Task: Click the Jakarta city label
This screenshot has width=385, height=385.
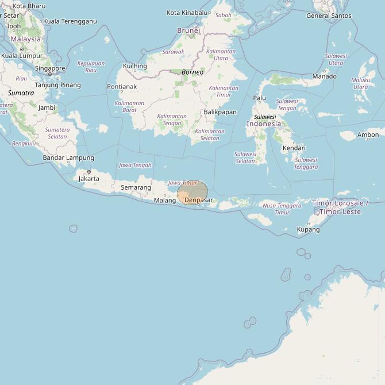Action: [x=89, y=178]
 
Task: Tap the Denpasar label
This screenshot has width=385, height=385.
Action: [x=198, y=200]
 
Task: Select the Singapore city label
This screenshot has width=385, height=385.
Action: [x=49, y=68]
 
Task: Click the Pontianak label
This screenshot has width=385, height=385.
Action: [x=122, y=87]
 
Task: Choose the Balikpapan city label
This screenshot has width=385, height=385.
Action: [x=220, y=112]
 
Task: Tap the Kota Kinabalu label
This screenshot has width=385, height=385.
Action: [x=187, y=13]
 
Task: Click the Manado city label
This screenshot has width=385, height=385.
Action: [x=325, y=76]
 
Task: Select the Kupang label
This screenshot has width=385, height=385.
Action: [x=308, y=229]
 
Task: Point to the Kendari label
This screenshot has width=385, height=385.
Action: [x=294, y=148]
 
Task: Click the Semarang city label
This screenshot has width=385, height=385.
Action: [x=136, y=187]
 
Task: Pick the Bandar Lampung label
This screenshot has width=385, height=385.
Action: [x=68, y=157]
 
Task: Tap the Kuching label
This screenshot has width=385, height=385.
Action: [x=135, y=66]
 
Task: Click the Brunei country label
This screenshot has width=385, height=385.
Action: [x=188, y=30]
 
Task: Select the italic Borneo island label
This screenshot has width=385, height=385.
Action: [x=192, y=72]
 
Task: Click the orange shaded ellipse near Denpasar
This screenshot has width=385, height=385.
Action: [x=192, y=192]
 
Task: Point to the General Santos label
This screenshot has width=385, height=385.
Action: [x=329, y=16]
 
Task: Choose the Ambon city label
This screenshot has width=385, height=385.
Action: [x=368, y=135]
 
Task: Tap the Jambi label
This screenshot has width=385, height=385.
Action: [x=47, y=107]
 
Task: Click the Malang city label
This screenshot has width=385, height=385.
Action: [x=165, y=201]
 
